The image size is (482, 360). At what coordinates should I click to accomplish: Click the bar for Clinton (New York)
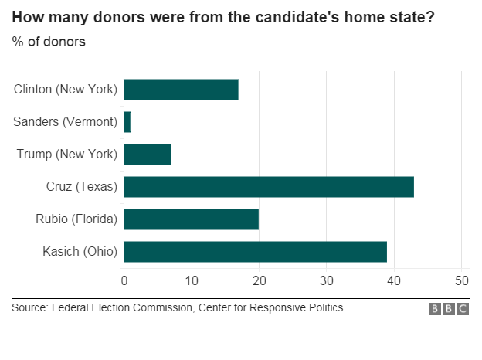tap(181, 90)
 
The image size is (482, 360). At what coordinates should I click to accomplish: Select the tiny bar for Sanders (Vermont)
tap(127, 122)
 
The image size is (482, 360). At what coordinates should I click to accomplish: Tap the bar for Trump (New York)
tap(147, 155)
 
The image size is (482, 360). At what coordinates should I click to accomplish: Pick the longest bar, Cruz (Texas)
tap(269, 187)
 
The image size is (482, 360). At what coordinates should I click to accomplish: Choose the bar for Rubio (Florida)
tap(191, 219)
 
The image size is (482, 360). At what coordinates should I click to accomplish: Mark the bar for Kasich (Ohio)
tap(255, 252)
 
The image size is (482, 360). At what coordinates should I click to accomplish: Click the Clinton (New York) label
tap(66, 90)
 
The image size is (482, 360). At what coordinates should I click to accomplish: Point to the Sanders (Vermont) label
tap(66, 122)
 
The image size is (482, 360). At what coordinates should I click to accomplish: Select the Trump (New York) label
tap(67, 155)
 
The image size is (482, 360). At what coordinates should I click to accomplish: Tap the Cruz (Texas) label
tap(82, 187)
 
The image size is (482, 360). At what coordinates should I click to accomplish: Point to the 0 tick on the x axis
tap(124, 280)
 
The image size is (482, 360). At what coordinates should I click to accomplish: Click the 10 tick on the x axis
tap(192, 280)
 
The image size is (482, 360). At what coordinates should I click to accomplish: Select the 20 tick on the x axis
tap(259, 280)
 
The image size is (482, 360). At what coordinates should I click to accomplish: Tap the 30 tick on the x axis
tap(327, 280)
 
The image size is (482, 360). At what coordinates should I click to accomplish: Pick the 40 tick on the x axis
tap(394, 280)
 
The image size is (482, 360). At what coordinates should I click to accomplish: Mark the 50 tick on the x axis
tap(461, 280)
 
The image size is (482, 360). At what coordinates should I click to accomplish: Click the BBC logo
tap(449, 309)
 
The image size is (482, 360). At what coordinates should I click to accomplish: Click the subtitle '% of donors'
tap(49, 42)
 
